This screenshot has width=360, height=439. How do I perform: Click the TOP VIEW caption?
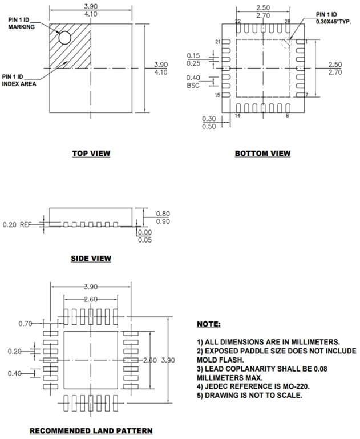click(x=91, y=153)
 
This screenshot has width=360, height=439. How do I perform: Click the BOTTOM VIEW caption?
click(x=262, y=153)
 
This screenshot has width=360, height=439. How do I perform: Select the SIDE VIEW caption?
click(x=91, y=259)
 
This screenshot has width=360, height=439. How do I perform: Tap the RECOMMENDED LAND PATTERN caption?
click(x=91, y=430)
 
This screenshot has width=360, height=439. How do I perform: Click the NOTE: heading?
click(x=208, y=324)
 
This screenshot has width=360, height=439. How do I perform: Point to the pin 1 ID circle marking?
click(x=64, y=38)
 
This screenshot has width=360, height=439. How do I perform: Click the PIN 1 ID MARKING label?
click(x=21, y=23)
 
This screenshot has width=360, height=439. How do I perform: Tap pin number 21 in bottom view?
click(x=218, y=42)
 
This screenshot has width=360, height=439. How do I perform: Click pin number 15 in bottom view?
click(x=218, y=95)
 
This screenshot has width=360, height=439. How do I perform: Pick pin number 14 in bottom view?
click(x=237, y=115)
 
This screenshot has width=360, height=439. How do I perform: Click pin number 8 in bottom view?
click(x=287, y=115)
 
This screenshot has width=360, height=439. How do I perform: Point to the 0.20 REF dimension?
click(x=15, y=225)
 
